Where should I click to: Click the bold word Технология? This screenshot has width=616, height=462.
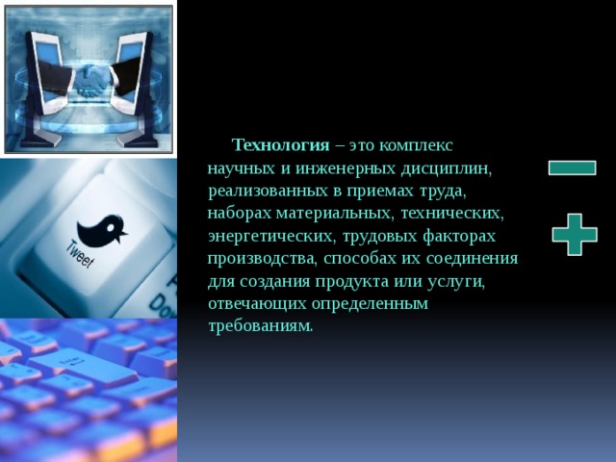point(281,145)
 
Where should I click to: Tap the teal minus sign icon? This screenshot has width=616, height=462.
point(572,167)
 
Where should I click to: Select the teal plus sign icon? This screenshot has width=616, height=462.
point(575,234)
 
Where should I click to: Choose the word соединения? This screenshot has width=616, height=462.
point(474,258)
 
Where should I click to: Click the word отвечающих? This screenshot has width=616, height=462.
point(252,303)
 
